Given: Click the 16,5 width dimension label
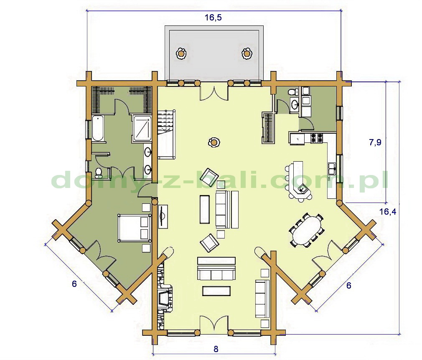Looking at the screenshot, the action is click(x=213, y=18).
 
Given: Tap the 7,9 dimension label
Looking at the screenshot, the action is click(x=375, y=142).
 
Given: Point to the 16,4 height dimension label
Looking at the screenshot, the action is click(x=388, y=211).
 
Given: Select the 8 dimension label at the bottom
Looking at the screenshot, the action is click(x=216, y=349).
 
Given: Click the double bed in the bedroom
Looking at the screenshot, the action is click(x=134, y=228).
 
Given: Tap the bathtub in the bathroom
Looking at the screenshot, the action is click(x=98, y=128).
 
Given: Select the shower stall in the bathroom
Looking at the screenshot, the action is click(x=142, y=128).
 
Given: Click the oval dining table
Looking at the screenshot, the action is click(x=307, y=230).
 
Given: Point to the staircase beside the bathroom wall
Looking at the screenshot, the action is click(x=166, y=134).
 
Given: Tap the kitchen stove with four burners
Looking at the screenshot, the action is click(x=317, y=138).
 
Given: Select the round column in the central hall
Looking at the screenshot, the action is click(x=214, y=142).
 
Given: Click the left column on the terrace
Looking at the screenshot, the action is click(x=181, y=53).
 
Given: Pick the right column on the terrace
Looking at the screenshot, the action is click(x=246, y=53).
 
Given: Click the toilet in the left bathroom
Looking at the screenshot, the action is click(x=99, y=172).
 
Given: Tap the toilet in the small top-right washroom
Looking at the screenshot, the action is click(x=292, y=91).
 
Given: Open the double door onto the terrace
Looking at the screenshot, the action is click(x=214, y=93).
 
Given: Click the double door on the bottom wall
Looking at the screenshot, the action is click(x=214, y=323).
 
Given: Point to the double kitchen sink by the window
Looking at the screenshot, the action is click(x=331, y=168).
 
